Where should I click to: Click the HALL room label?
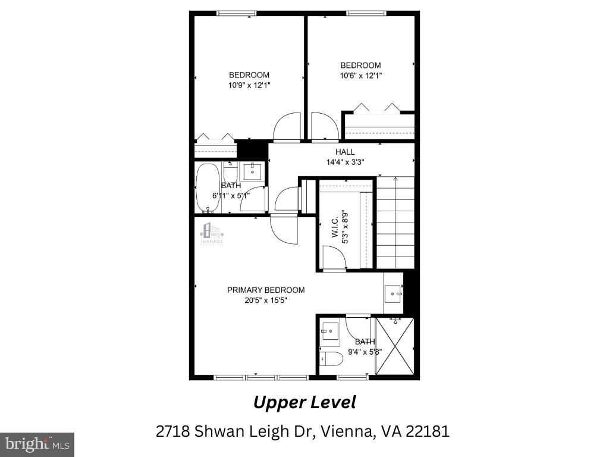pyautogui.click(x=345, y=152)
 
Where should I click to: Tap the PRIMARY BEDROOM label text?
pyautogui.click(x=266, y=290)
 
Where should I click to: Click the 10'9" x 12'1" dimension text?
pyautogui.click(x=249, y=85)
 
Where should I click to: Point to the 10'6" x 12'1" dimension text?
pyautogui.click(x=360, y=76)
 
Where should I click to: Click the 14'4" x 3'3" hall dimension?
pyautogui.click(x=345, y=161)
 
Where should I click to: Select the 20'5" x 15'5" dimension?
pyautogui.click(x=266, y=300)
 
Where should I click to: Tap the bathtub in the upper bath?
pyautogui.click(x=208, y=187)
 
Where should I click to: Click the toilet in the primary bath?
pyautogui.click(x=329, y=359)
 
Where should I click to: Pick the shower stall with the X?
pyautogui.click(x=395, y=346)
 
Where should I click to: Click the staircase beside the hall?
pyautogui.click(x=396, y=223)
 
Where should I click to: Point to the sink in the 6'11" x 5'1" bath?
pyautogui.click(x=252, y=171)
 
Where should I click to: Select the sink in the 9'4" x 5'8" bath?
pyautogui.click(x=329, y=330)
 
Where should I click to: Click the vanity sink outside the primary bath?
pyautogui.click(x=393, y=293)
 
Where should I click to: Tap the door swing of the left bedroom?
pyautogui.click(x=287, y=126)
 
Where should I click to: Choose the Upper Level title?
pyautogui.click(x=304, y=402)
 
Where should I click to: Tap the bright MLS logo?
pyautogui.click(x=37, y=444)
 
